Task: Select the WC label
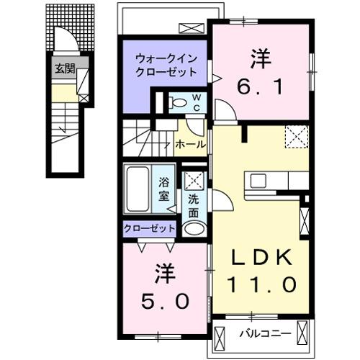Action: pos(196,103)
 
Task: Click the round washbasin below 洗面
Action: pos(194,228)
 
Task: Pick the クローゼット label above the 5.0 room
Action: pos(150,228)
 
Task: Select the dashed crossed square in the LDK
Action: pos(296,135)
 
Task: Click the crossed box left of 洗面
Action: pos(193,181)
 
